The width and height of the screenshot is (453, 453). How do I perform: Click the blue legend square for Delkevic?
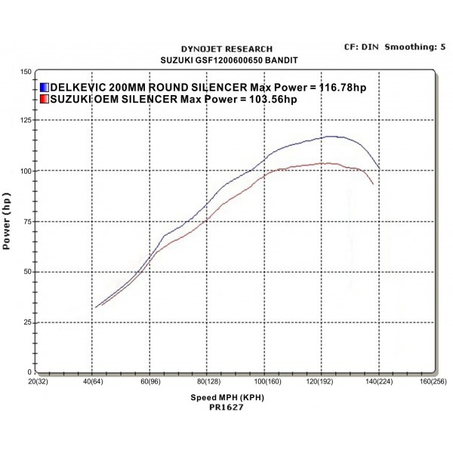point(44,88)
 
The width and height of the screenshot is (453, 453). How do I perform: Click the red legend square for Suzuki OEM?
point(44,99)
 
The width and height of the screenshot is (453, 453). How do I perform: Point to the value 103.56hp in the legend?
point(273,99)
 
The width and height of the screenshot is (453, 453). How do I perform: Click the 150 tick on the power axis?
point(26,72)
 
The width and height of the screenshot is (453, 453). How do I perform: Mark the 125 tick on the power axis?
point(26,121)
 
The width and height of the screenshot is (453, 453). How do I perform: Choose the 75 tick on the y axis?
point(27,221)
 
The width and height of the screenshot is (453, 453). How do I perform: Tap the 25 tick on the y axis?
point(27,322)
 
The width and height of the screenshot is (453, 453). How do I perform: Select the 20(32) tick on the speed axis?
point(37,382)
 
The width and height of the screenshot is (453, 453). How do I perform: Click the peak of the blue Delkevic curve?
point(329,137)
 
